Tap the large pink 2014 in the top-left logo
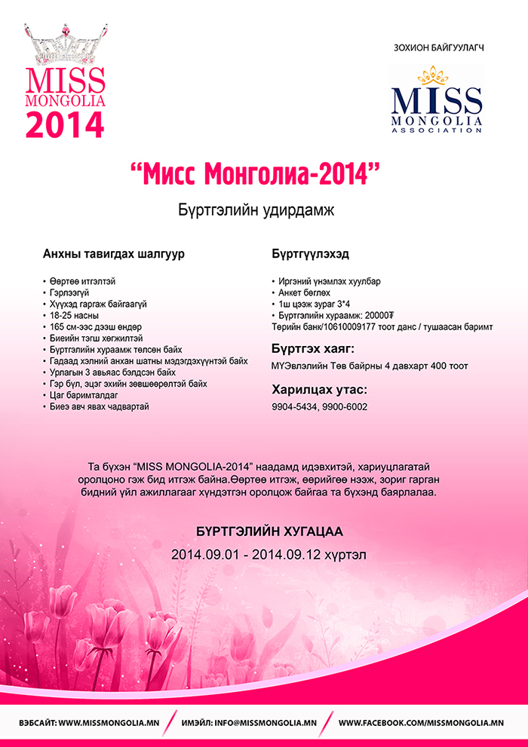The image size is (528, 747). click(65, 124)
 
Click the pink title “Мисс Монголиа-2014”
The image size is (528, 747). click(253, 174)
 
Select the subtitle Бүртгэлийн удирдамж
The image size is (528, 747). click(255, 210)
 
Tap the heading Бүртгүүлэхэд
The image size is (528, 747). click(299, 254)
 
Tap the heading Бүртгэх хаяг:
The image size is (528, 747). click(312, 349)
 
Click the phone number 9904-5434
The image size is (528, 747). click(295, 407)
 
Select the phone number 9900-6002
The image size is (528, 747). click(345, 407)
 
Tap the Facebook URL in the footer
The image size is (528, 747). click(421, 723)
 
